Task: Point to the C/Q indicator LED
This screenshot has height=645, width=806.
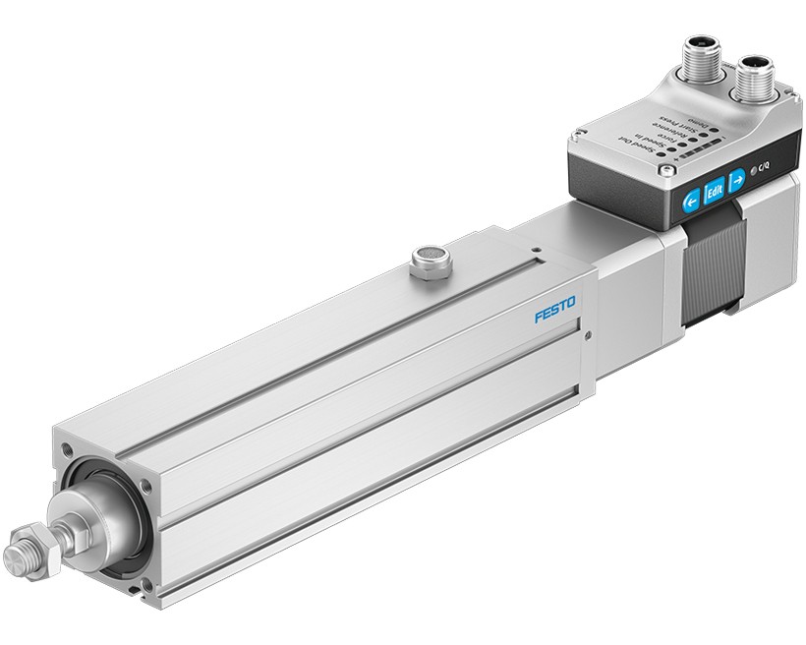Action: [x=756, y=172]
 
